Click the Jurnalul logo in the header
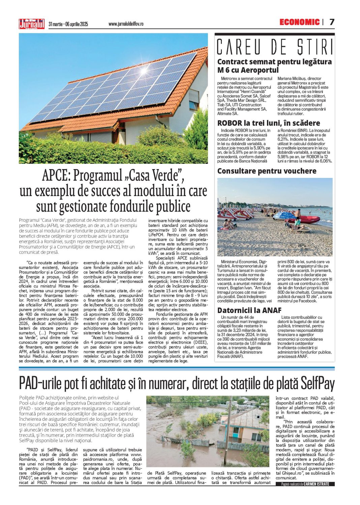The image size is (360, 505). tap(31, 24)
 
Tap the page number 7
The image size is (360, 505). tap(332, 22)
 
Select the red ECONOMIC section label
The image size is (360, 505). tap(299, 22)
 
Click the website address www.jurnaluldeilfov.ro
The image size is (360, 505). tap(126, 24)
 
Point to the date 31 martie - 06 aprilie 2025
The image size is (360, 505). tap(68, 24)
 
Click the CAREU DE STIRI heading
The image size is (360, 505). tap(275, 47)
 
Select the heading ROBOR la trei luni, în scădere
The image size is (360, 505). tap(268, 123)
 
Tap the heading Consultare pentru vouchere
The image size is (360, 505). tap(267, 171)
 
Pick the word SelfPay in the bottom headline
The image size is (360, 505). tap(317, 384)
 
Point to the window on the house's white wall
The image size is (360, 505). tap(194, 100)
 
